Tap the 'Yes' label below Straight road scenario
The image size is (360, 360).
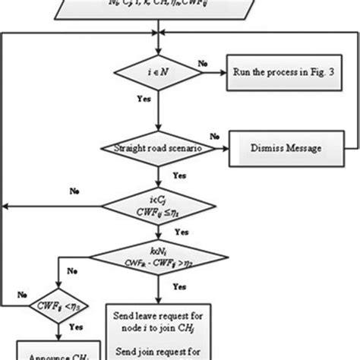click(x=179, y=175)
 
